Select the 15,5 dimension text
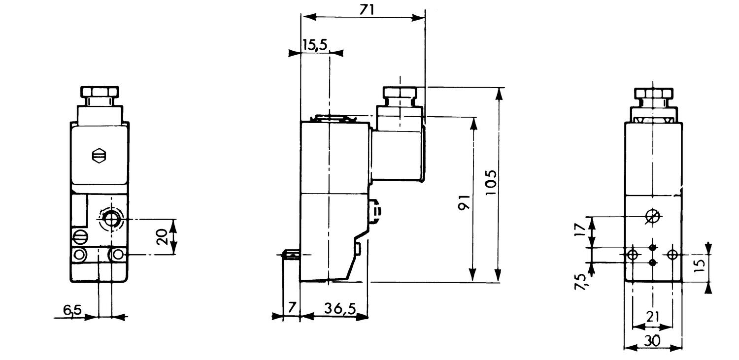(x=314, y=46)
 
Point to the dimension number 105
(x=491, y=183)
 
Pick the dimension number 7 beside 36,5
(x=292, y=308)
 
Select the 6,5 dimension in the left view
(x=72, y=310)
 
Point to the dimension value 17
(x=581, y=230)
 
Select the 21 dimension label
(x=652, y=317)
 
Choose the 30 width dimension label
(x=652, y=340)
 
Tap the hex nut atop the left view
(x=100, y=93)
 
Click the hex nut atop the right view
(x=653, y=93)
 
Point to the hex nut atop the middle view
(x=400, y=93)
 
